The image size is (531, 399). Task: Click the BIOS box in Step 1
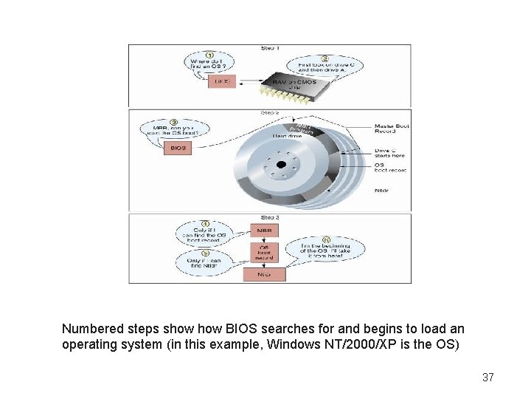(x=222, y=81)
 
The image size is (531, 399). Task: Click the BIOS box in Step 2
(x=178, y=148)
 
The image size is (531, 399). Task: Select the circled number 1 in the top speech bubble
(x=209, y=54)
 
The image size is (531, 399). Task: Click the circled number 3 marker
(x=173, y=122)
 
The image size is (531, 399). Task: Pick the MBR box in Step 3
(x=264, y=231)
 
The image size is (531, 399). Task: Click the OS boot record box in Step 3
(x=264, y=252)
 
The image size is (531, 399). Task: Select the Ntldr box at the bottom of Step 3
(x=264, y=274)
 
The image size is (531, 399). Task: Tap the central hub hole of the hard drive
(x=280, y=165)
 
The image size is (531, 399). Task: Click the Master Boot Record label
(x=392, y=129)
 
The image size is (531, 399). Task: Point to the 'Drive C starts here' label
(x=389, y=154)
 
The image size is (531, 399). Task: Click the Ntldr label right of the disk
(x=381, y=190)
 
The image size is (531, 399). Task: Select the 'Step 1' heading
(x=270, y=48)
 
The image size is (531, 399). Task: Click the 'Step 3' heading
(x=269, y=218)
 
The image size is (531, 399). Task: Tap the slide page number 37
(x=487, y=378)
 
